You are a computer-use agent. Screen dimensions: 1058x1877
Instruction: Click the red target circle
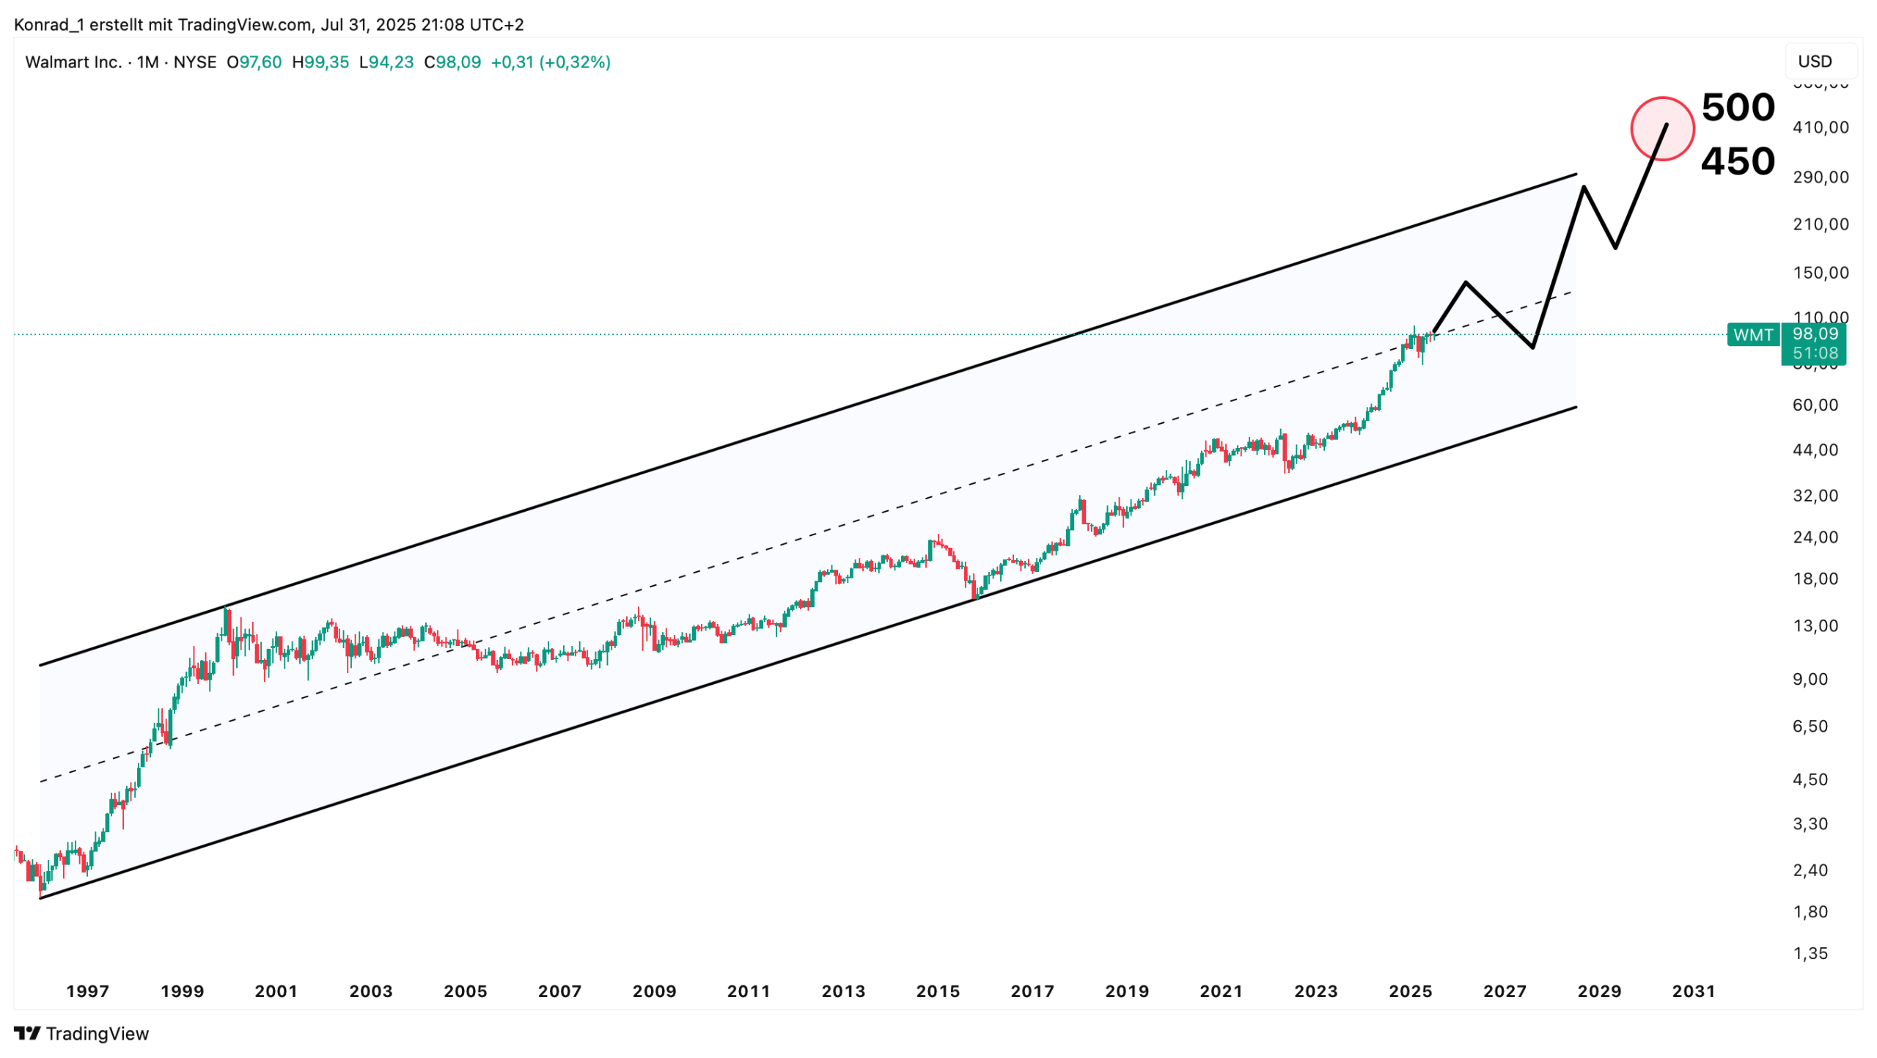click(1661, 129)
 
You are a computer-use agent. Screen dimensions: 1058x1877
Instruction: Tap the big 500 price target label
click(1737, 108)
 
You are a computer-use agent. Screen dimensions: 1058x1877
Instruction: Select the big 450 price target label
click(1737, 161)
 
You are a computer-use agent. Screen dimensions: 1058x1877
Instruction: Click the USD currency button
click(1815, 62)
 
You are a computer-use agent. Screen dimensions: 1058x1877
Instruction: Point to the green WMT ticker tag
click(1752, 335)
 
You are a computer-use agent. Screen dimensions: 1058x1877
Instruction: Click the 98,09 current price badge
click(1815, 334)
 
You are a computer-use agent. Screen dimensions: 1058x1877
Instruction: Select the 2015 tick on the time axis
click(937, 991)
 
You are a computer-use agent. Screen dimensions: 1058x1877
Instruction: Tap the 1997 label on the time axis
click(87, 991)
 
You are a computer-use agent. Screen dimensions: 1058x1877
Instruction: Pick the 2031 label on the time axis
click(1693, 991)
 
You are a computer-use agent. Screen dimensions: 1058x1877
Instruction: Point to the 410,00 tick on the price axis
click(1821, 128)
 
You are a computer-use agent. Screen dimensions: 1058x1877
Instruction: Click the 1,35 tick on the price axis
click(1810, 953)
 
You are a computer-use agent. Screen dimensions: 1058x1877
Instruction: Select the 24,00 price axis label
click(1815, 537)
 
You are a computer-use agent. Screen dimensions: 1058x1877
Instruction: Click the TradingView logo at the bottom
click(81, 1033)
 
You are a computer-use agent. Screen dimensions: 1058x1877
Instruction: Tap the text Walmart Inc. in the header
click(73, 62)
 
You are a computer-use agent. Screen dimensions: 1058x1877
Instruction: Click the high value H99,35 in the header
click(320, 62)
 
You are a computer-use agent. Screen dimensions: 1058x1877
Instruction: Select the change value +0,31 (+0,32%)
click(550, 62)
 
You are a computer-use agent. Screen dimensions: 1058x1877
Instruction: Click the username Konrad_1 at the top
click(48, 25)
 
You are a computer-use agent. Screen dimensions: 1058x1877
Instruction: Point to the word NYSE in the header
click(194, 62)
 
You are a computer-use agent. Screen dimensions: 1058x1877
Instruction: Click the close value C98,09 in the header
click(452, 62)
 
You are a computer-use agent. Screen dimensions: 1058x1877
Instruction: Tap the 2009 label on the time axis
click(654, 991)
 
